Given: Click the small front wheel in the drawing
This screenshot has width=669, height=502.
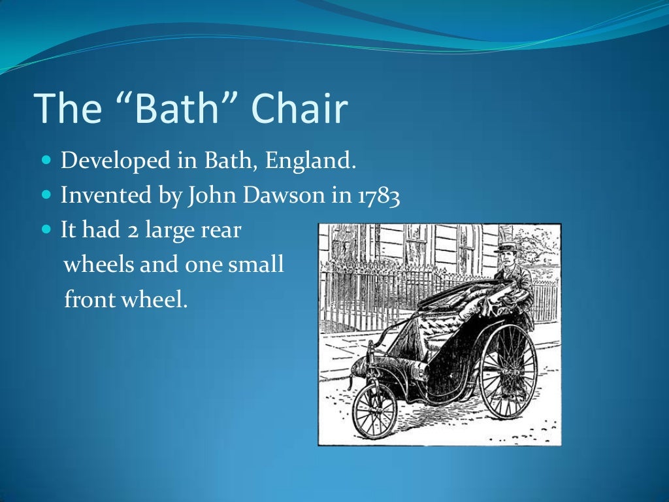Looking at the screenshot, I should (374, 411).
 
